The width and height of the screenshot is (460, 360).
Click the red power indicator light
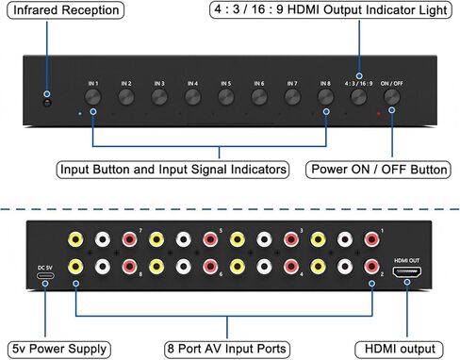click(379, 114)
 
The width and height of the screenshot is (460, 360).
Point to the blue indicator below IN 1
click(79, 114)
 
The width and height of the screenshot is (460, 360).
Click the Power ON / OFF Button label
click(378, 171)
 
